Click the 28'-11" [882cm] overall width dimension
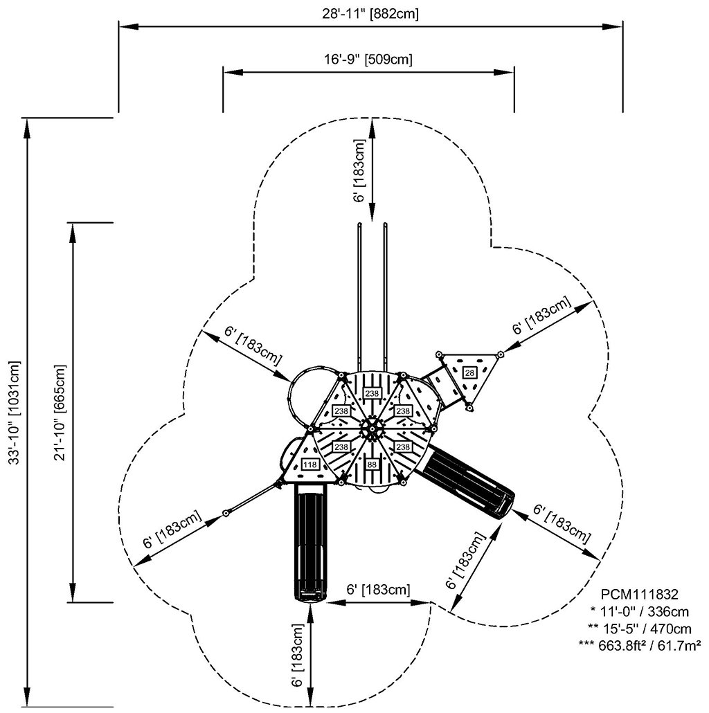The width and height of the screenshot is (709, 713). point(370,13)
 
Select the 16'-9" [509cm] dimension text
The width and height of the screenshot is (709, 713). point(369,59)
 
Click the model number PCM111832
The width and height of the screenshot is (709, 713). point(640,594)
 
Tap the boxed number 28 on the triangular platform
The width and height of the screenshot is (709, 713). point(470,373)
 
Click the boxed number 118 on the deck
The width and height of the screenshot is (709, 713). point(309,464)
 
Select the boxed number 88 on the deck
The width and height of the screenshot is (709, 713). point(373,464)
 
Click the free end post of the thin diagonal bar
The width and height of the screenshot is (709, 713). point(226,514)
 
